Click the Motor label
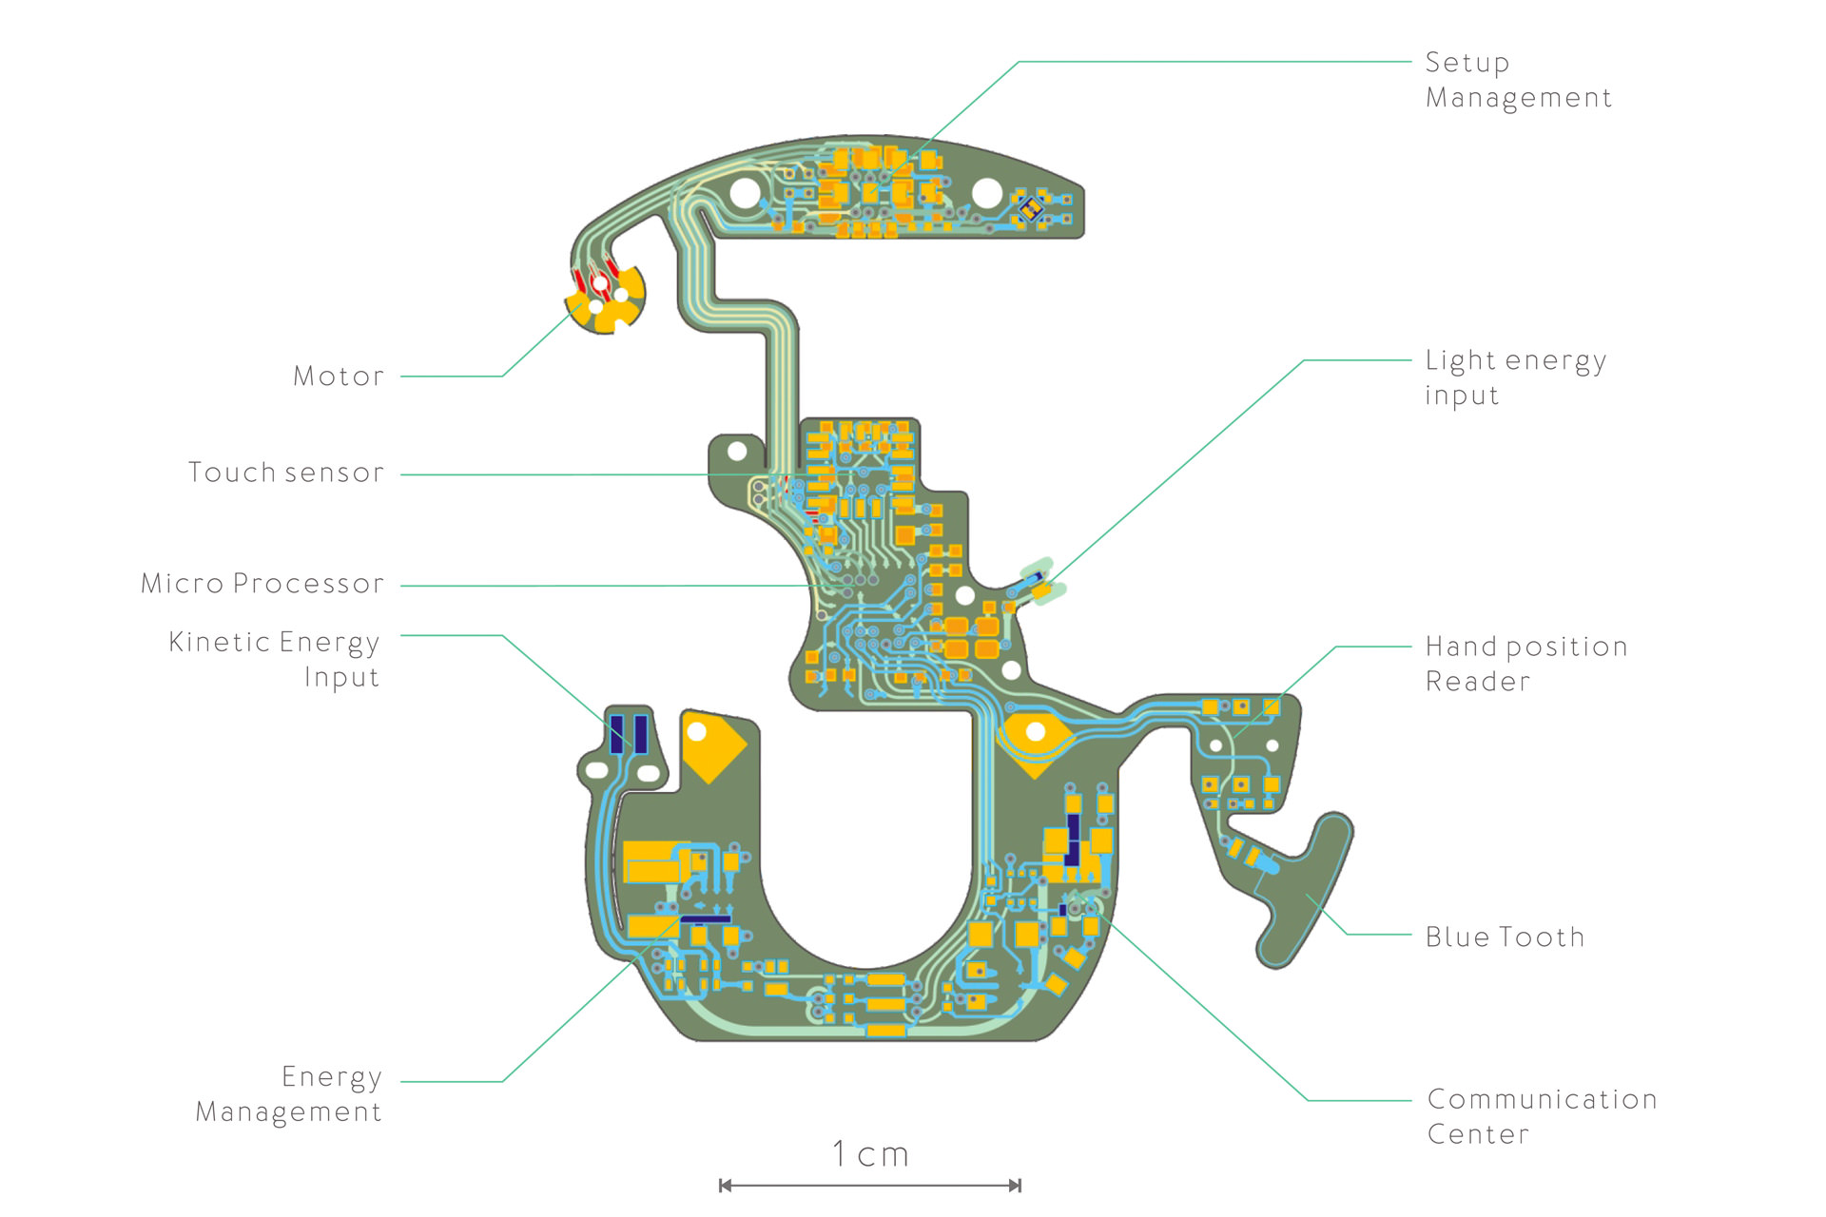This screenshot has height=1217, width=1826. click(339, 377)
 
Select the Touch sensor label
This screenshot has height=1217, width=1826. click(286, 473)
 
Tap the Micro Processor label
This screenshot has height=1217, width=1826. click(262, 584)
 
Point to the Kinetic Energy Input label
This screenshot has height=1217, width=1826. click(274, 659)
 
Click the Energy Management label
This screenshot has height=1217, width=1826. click(289, 1094)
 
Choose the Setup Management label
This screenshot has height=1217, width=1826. click(1519, 81)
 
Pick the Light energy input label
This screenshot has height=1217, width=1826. click(1516, 377)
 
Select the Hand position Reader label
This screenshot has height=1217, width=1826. click(1526, 664)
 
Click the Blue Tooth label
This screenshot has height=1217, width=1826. click(1505, 937)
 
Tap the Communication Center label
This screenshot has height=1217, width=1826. click(1543, 1116)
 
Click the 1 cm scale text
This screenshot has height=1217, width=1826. click(870, 1154)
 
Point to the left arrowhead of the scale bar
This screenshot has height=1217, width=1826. click(726, 1186)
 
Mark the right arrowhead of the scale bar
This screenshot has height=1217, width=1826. click(1015, 1186)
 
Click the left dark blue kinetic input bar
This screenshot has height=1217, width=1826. click(616, 734)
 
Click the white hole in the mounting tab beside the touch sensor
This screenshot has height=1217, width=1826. click(737, 449)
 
